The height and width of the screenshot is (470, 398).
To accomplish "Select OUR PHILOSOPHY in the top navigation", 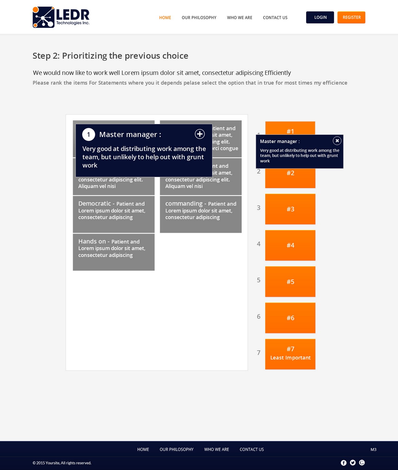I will pos(199,18).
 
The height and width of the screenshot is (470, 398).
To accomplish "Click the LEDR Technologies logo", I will pos(61,17).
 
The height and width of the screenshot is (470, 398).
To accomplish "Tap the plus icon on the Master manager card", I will pos(200,134).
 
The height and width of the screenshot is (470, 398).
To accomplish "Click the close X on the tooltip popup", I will pos(337,141).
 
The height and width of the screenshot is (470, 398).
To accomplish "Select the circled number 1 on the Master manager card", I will pos(88,134).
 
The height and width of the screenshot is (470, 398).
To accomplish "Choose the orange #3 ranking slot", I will pos(290,209).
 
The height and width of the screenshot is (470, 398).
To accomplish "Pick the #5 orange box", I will pos(290,281).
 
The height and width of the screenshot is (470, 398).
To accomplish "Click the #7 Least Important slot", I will pos(290,354).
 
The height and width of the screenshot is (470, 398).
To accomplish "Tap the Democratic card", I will pos(113,214).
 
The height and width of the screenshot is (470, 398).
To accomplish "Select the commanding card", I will pos(200,214).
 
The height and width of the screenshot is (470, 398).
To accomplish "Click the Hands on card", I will pos(113,252).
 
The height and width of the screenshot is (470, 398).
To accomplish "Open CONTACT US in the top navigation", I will pos(275,18).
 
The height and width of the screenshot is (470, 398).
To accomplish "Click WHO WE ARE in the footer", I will pos(216,449).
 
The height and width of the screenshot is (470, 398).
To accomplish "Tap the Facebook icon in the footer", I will pos(344,463).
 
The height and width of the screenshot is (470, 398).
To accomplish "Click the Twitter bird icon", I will pos(353,463).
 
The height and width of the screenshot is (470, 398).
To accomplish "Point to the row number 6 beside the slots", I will pos(259,316).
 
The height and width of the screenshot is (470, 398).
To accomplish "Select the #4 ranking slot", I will pos(290,245).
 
